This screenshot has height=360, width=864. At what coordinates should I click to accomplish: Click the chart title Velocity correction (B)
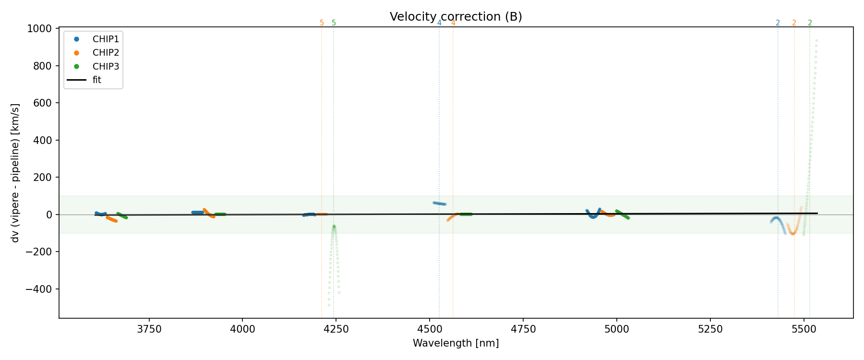pyautogui.click(x=456, y=17)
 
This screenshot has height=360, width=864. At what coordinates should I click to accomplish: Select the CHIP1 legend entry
pyautogui.click(x=106, y=39)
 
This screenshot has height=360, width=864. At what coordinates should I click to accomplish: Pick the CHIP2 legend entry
pyautogui.click(x=106, y=53)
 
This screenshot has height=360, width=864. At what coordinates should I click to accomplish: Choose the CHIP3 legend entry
pyautogui.click(x=106, y=66)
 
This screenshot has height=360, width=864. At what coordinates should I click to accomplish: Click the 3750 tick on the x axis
pyautogui.click(x=149, y=329)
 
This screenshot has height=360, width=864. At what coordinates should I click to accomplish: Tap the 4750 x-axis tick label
pyautogui.click(x=523, y=329)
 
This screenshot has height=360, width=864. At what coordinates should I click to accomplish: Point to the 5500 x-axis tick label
pyautogui.click(x=804, y=329)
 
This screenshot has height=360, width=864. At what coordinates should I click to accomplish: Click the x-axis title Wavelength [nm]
pyautogui.click(x=456, y=343)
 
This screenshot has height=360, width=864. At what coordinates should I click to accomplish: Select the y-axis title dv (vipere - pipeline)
pyautogui.click(x=15, y=173)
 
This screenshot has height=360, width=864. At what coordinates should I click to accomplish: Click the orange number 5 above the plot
pyautogui.click(x=322, y=23)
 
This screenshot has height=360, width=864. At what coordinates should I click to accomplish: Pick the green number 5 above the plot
pyautogui.click(x=334, y=23)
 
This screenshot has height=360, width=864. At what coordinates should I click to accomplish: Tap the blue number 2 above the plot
pyautogui.click(x=778, y=23)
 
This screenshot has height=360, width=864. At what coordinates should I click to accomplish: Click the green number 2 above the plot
pyautogui.click(x=810, y=23)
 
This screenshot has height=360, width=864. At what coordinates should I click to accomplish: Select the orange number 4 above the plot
pyautogui.click(x=453, y=23)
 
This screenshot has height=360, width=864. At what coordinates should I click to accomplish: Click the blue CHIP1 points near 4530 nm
pyautogui.click(x=439, y=204)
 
